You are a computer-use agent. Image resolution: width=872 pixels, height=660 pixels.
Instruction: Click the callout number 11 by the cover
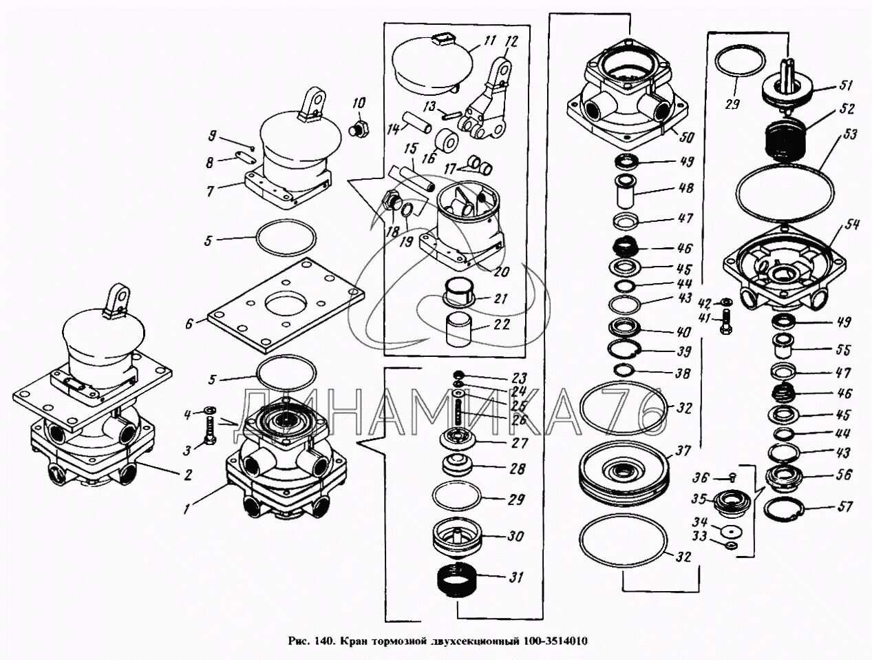pos(489,41)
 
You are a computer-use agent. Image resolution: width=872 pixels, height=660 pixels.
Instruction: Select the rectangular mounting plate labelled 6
pos(286,307)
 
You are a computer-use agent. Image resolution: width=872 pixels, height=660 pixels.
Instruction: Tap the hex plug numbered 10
pos(358,128)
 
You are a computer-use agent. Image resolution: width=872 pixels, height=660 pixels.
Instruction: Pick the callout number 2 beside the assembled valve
pos(187,474)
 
